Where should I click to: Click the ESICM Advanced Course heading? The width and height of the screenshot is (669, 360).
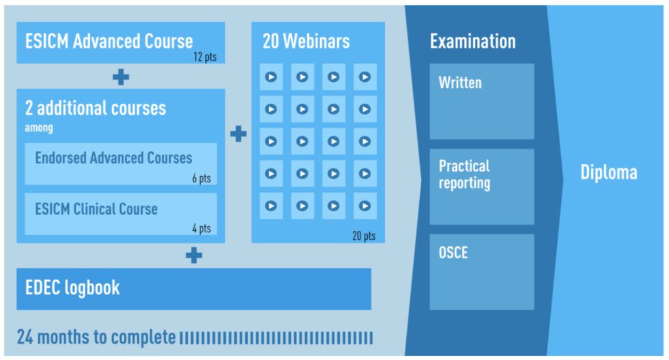pos(109,41)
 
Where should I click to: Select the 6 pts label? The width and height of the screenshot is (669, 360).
pos(201,178)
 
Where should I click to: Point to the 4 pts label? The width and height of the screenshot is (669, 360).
pos(201,229)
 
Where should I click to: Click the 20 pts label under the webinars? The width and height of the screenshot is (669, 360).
pos(363,236)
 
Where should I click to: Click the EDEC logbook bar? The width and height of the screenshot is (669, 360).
pos(194,288)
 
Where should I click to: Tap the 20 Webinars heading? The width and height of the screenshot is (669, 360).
pos(306,41)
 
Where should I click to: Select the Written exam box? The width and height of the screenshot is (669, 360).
pos(481,101)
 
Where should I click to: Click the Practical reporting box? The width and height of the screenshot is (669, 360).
pos(481,186)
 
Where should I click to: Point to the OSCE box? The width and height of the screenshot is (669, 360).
pos(481,271)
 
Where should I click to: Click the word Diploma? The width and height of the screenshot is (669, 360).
pos(608,172)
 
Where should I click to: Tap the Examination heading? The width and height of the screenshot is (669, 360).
pos(472,41)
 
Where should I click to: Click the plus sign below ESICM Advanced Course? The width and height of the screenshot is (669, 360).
pos(121,77)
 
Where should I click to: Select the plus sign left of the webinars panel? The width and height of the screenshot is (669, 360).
pos(238,133)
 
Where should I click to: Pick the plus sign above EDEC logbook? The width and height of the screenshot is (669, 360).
pos(194,255)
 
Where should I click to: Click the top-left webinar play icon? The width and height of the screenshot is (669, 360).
pos(271,77)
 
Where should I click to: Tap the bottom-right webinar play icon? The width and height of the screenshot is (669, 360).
pos(365,206)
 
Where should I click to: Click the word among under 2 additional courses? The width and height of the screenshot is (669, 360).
pos(39,128)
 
